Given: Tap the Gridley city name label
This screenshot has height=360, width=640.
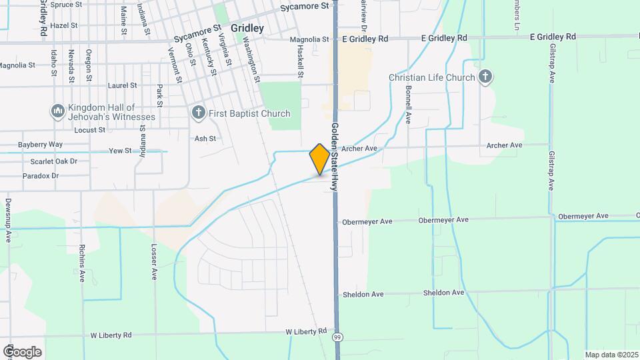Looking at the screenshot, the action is tap(247, 29).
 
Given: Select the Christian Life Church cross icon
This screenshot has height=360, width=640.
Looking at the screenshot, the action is tap(485, 77).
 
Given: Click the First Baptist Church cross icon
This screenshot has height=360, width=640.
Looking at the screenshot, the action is tap(198, 113).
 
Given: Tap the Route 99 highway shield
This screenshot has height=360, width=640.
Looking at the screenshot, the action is tap(338, 338).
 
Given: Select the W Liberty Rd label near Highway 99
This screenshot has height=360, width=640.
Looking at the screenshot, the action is tap(306, 331).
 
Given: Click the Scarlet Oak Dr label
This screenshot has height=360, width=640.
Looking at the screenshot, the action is tap(54, 161).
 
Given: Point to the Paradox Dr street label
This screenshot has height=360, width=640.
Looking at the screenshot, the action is tap(41, 176).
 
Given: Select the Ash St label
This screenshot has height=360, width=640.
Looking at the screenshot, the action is tap(205, 139).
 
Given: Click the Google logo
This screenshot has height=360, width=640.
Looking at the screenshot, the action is tap(22, 351).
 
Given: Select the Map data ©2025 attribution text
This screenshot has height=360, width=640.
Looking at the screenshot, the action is tap(610, 355).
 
